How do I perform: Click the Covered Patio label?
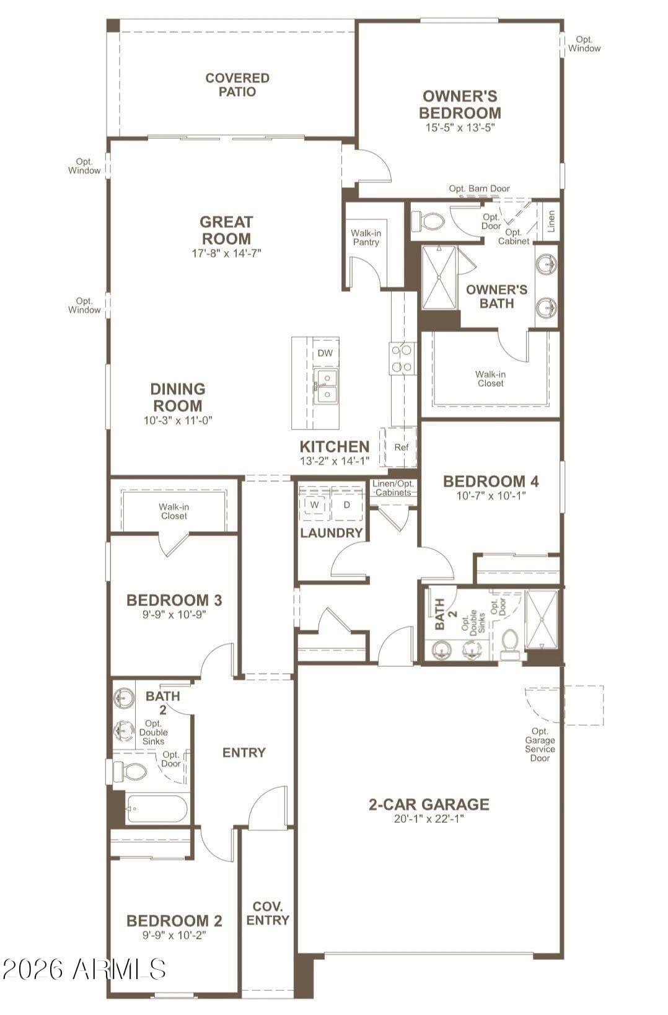237,85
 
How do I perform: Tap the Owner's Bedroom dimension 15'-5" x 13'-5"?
460,127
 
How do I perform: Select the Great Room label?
226,230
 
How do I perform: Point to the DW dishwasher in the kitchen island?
325,353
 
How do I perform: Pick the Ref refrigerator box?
401,447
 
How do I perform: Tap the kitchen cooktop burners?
402,358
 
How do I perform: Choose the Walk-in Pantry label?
366,238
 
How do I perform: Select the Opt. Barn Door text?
479,188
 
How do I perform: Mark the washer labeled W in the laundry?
315,505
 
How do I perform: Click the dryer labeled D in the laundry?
346,505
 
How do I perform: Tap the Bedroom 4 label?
491,481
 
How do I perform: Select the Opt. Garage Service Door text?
540,744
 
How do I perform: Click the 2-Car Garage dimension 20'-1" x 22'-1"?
429,819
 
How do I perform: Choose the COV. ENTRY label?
267,913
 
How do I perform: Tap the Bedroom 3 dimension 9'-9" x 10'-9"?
174,615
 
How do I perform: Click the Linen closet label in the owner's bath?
551,221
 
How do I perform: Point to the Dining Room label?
178,397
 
